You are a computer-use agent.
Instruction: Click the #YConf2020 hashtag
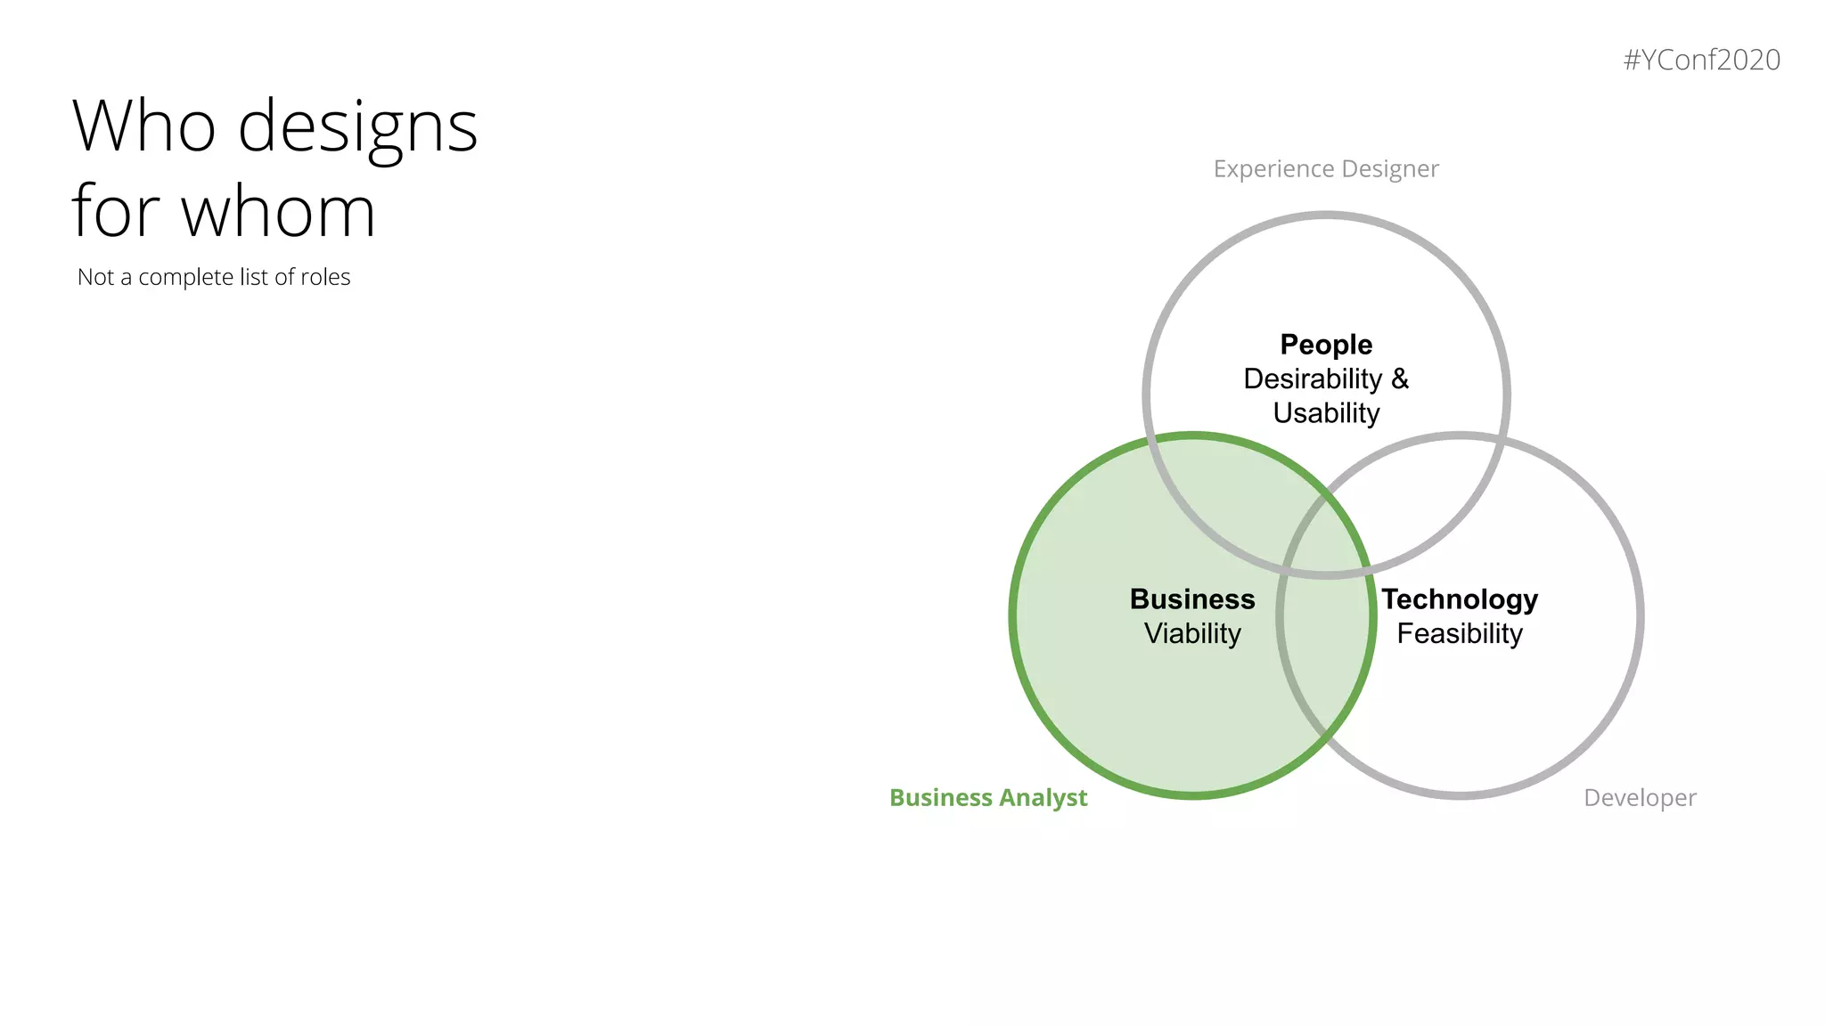point(1701,60)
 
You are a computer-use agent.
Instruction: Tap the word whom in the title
point(278,212)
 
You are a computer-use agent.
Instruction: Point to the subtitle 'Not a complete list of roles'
point(214,277)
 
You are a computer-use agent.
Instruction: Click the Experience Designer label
point(1326,168)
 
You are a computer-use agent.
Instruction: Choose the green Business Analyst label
point(988,797)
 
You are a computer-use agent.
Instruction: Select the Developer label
point(1640,797)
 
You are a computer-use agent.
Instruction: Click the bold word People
point(1326,345)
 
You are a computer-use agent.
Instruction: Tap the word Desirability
point(1313,379)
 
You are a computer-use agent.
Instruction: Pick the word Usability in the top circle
point(1326,413)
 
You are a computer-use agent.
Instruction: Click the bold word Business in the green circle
point(1192,599)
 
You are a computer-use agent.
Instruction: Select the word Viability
point(1192,633)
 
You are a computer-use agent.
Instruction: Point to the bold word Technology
point(1460,599)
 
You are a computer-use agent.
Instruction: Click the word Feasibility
point(1460,633)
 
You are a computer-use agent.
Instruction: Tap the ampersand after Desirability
point(1400,379)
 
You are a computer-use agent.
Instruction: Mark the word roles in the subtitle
point(325,277)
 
